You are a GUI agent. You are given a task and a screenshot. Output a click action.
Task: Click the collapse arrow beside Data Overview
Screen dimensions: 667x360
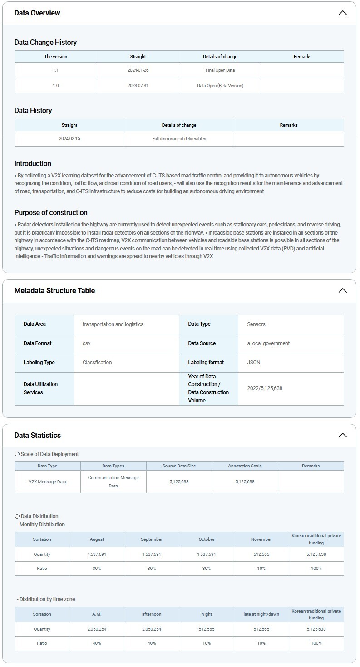[x=342, y=13]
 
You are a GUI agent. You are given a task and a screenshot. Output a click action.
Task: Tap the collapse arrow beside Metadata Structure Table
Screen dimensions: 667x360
[x=342, y=290]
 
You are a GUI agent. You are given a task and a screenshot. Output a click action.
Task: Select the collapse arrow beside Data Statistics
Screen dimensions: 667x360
[x=342, y=435]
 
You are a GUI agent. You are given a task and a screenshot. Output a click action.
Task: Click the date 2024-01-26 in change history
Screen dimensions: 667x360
[x=138, y=70]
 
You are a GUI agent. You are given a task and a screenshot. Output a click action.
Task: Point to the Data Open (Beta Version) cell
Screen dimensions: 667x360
[x=220, y=85]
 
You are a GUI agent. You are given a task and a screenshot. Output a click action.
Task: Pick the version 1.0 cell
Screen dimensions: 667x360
[x=55, y=85]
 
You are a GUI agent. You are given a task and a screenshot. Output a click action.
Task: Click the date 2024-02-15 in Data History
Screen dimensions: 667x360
[x=69, y=138]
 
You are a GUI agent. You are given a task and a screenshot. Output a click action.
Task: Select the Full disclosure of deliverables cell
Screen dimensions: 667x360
[x=179, y=138]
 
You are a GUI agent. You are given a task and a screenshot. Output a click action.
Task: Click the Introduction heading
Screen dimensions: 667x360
[x=33, y=163]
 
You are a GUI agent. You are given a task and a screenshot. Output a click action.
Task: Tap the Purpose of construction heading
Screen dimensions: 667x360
[x=51, y=212]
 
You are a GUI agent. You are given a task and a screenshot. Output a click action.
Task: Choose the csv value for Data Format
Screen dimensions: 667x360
[x=87, y=343]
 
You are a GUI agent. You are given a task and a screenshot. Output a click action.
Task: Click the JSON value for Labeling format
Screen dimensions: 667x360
[x=254, y=363]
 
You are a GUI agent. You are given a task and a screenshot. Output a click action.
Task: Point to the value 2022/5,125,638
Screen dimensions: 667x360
[x=265, y=388]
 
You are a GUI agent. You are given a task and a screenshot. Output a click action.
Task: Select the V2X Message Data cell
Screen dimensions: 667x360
[x=47, y=481]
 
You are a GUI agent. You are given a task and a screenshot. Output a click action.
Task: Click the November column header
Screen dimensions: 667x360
[x=261, y=539]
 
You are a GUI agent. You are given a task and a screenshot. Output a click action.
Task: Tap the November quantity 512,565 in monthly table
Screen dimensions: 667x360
[x=261, y=554]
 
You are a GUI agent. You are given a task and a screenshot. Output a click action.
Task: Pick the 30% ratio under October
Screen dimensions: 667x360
[x=207, y=568]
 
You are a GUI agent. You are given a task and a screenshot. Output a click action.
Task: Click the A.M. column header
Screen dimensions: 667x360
[x=97, y=614]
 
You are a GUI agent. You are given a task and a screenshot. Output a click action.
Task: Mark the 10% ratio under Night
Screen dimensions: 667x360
[x=207, y=643]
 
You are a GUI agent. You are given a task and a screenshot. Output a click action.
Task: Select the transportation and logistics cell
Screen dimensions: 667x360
[x=113, y=324]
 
